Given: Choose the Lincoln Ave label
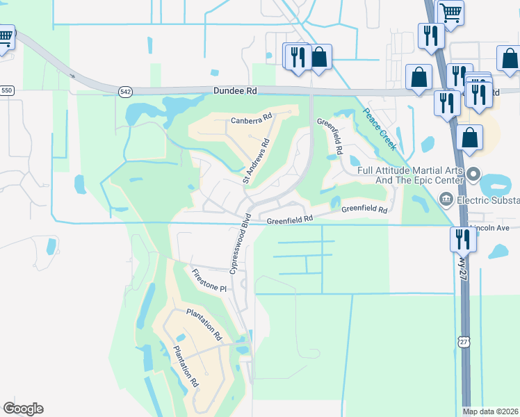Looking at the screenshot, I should coord(491,227).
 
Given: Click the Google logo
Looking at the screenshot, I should coord(23,408).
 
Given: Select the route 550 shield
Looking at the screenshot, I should coord(7,91).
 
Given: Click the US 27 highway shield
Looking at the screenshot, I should coord(464,341).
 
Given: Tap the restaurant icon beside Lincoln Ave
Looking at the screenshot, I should coord(462,239).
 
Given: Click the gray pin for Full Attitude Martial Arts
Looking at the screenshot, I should coord(474,173).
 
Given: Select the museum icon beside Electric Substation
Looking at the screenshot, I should coord(446,200).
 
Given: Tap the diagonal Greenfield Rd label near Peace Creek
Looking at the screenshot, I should coord(330,136).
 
